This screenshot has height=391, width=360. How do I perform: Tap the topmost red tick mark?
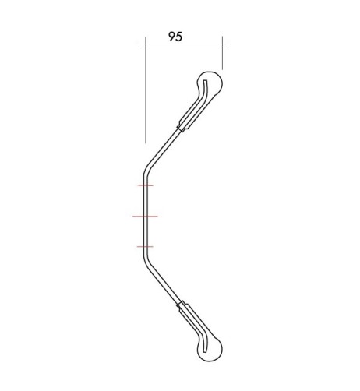[x=145, y=185]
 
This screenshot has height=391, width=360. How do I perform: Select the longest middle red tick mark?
[x=145, y=216]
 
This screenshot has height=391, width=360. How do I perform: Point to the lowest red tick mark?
[x=145, y=247]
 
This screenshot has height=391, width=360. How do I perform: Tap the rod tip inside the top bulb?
[x=204, y=81]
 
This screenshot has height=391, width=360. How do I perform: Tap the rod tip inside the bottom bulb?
[x=204, y=350]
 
